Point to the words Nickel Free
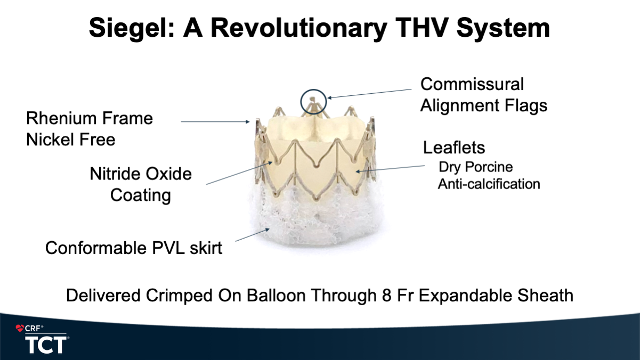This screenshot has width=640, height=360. click(x=70, y=140)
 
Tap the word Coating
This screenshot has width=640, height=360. click(x=141, y=196)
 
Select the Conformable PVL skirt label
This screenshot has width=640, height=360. click(x=134, y=248)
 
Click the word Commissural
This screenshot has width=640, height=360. click(x=472, y=84)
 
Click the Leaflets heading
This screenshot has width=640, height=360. click(x=454, y=148)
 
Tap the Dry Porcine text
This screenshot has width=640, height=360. click(x=476, y=167)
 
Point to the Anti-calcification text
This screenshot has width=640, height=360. click(x=489, y=184)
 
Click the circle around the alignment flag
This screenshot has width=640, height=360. click(x=301, y=102)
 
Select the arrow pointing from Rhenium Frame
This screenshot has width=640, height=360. click(x=215, y=122)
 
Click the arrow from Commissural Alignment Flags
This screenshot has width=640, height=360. click(x=369, y=94)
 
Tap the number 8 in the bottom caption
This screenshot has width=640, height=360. click(x=386, y=296)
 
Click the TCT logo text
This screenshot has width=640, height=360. click(x=46, y=345)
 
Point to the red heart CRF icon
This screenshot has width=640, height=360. click(x=20, y=328)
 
